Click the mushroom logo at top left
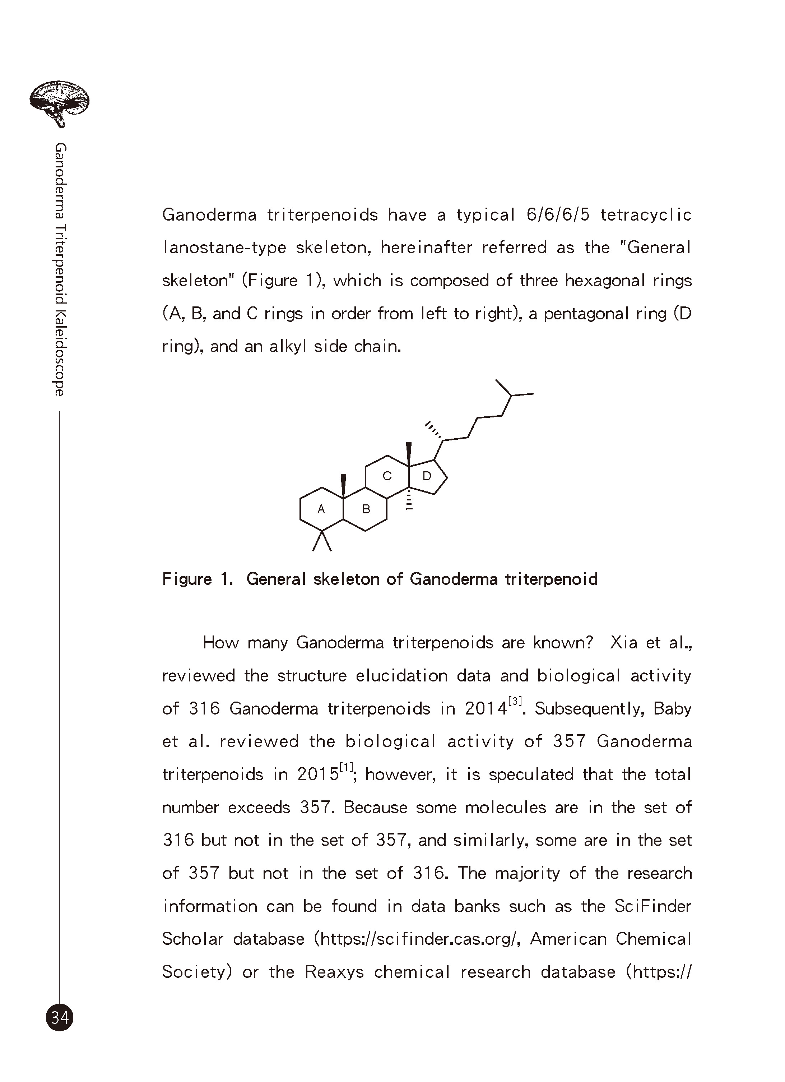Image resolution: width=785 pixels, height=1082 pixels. pos(59,103)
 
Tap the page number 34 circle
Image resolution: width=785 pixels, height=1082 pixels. pos(60,1018)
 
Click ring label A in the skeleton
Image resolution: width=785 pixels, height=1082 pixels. pos(321,509)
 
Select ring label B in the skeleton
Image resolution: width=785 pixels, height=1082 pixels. pos(366,509)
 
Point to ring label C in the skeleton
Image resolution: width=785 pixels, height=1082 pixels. pos(387,476)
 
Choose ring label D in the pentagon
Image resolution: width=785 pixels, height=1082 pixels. pos(427,476)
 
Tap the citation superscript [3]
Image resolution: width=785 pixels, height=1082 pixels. pos(515,701)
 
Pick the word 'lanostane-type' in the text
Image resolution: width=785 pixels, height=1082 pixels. pos(224,248)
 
